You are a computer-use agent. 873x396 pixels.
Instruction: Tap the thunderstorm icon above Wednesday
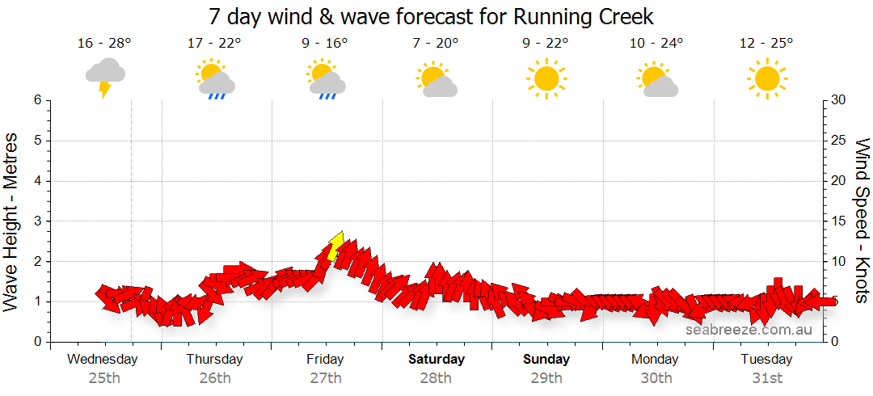105,76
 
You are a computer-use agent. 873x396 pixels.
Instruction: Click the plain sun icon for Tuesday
766,78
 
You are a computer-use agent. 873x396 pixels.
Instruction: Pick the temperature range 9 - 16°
325,43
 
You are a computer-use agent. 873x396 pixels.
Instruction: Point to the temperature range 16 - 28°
104,43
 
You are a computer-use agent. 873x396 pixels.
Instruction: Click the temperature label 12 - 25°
766,43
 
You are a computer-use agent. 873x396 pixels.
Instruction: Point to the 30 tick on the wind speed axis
840,100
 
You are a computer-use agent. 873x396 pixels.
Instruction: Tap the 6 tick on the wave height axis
36,100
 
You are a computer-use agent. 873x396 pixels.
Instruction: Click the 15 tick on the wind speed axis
840,221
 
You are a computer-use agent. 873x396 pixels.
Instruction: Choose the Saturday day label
436,359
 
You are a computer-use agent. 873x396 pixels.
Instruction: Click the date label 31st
766,377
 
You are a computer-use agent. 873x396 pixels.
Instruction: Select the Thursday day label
214,359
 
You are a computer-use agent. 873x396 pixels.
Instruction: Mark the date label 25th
104,377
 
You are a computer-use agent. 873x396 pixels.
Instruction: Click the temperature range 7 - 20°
436,43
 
